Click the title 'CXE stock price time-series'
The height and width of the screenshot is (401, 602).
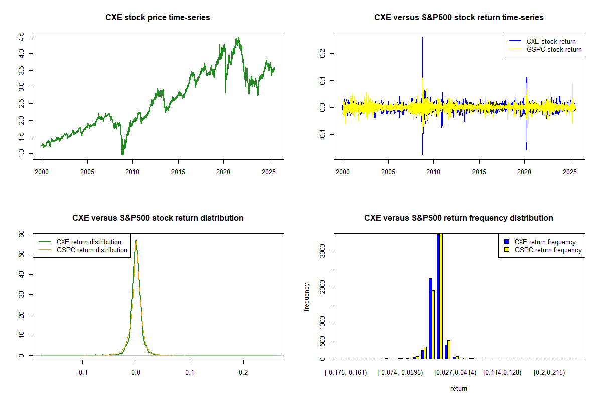pyautogui.click(x=158, y=18)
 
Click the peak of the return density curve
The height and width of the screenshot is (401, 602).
pyautogui.click(x=136, y=240)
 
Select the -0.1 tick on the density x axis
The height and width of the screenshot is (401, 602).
pyautogui.click(x=82, y=373)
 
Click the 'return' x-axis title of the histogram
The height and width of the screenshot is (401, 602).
pyautogui.click(x=459, y=388)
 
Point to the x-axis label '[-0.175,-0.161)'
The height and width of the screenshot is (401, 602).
pyautogui.click(x=346, y=373)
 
